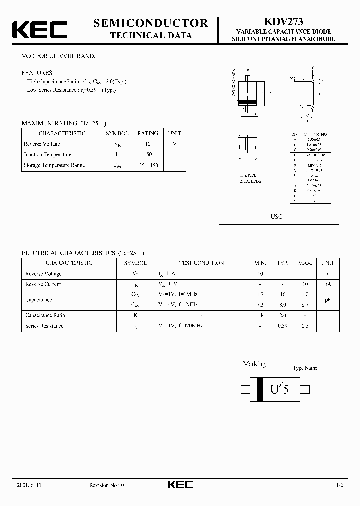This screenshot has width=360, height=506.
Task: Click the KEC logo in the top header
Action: tap(39, 30)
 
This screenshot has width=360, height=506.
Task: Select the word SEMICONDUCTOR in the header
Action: tap(150, 23)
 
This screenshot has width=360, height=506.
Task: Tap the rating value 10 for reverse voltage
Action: tap(148, 144)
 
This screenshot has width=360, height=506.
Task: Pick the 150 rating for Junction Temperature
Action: tap(148, 155)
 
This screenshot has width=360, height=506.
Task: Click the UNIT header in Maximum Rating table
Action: tap(175, 133)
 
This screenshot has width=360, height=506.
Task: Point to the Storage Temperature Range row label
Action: tap(54, 165)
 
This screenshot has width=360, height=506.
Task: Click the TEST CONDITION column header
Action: tap(201, 263)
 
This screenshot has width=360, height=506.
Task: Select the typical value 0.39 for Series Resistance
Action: tap(283, 326)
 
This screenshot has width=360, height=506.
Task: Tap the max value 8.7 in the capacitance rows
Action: tap(305, 304)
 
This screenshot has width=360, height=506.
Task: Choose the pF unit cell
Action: tap(328, 299)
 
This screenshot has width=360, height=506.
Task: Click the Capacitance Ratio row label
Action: tap(45, 315)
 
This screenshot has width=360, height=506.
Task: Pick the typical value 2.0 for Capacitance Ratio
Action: tap(283, 315)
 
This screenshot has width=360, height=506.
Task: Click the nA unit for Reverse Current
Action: tap(328, 284)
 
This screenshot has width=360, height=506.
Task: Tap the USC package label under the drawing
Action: tap(276, 216)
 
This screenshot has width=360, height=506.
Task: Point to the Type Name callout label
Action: tap(305, 368)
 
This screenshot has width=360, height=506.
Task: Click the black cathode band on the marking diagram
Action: tap(260, 389)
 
